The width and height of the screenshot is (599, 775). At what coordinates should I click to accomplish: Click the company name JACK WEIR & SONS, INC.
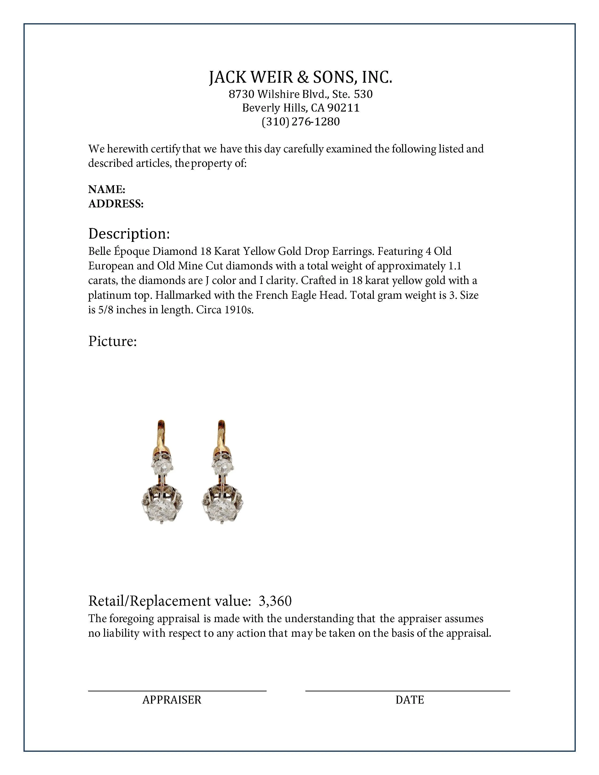(301, 77)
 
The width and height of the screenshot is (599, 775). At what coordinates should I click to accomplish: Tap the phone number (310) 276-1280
(301, 122)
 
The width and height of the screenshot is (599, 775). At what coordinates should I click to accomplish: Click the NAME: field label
(106, 190)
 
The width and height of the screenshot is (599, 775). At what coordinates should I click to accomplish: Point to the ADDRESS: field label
(116, 204)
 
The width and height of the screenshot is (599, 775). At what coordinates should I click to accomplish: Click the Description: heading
(129, 234)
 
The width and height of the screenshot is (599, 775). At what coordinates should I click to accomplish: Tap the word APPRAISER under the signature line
(172, 700)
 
